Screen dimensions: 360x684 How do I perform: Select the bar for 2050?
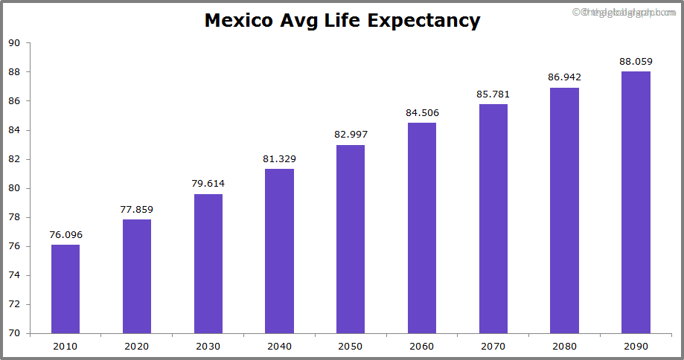click(351, 239)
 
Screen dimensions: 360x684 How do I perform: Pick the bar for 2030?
click(208, 263)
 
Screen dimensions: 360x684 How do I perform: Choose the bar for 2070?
click(493, 219)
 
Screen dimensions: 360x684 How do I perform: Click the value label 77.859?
click(137, 210)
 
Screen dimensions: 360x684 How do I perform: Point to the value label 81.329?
click(279, 159)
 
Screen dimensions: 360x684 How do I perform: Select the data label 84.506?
click(422, 113)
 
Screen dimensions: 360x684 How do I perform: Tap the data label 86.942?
click(564, 77)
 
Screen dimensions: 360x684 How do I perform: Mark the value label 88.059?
click(636, 61)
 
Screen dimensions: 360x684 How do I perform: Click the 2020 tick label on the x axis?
click(137, 346)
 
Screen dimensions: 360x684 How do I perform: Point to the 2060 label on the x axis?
click(422, 346)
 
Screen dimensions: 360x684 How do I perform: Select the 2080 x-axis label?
click(564, 346)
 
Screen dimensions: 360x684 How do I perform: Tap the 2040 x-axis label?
click(279, 346)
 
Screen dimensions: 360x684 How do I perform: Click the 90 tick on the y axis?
click(14, 43)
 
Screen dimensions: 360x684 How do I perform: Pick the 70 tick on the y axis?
click(14, 333)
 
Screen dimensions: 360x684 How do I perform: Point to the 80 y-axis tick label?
click(14, 188)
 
